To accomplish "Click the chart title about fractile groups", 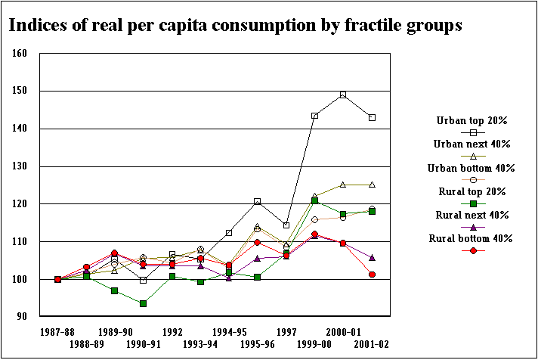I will tap(235, 26).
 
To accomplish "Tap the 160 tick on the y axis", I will tap(20, 54).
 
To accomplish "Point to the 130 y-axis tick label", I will tap(20, 166).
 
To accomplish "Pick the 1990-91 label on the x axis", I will tap(143, 343).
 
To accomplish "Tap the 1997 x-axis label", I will tap(286, 331).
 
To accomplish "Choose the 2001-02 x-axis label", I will tap(371, 343).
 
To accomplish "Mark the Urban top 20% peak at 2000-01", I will tap(343, 95).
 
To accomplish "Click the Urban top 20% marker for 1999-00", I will tap(314, 116).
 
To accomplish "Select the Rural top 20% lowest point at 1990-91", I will tap(143, 303).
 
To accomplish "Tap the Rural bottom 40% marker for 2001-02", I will tap(372, 275).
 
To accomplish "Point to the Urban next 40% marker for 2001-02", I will tap(372, 185).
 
